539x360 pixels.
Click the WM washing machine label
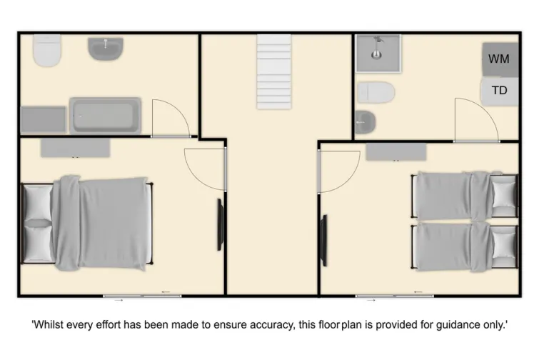499,59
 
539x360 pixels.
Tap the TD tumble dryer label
499,91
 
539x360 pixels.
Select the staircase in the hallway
274,71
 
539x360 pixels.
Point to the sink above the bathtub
106,49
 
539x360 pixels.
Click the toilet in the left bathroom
48,51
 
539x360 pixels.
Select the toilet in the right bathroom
376,92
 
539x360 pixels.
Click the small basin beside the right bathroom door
364,121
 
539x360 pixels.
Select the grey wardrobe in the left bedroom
75,148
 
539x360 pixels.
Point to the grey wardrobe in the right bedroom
396,151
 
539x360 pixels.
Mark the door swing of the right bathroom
470,120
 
